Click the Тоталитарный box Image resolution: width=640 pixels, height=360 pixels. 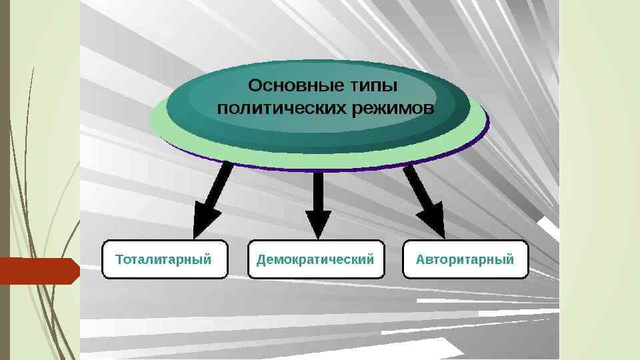(165, 259)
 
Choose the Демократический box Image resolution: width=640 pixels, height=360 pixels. (316, 259)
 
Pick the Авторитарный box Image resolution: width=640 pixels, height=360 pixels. (465, 259)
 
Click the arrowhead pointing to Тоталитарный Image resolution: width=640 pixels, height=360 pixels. (203, 221)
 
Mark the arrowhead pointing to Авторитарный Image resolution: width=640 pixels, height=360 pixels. (432, 221)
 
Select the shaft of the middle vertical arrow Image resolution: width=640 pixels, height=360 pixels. (318, 190)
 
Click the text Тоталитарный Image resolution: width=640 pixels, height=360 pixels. (163, 259)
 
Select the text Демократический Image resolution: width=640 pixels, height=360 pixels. (316, 259)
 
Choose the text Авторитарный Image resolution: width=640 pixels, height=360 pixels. (465, 259)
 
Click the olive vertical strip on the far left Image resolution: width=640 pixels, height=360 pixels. (4, 133)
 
